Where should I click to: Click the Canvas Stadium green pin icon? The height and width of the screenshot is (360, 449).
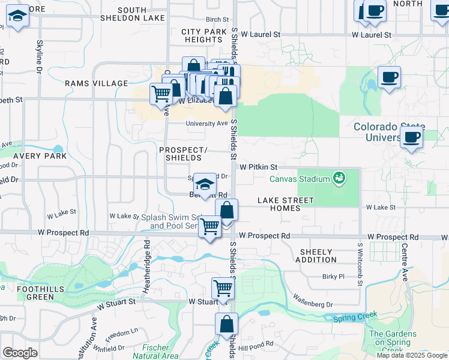click(x=340, y=178)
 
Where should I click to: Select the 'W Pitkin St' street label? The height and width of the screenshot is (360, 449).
click(x=258, y=167)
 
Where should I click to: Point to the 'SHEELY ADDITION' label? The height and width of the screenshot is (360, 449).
click(x=316, y=256)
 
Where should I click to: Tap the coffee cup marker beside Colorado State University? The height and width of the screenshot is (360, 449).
click(x=412, y=137)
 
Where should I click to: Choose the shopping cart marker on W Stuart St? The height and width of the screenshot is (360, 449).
click(x=223, y=289)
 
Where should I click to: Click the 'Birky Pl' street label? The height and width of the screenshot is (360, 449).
click(x=333, y=277)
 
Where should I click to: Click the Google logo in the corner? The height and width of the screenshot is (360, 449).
click(x=20, y=352)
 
